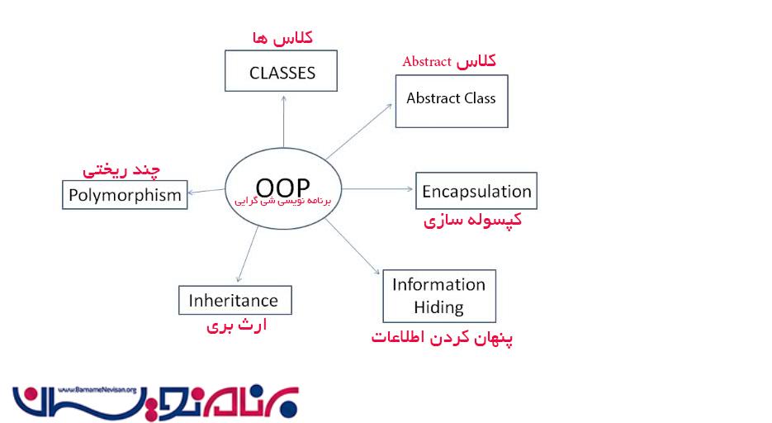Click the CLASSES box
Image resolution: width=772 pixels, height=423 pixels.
(282, 72)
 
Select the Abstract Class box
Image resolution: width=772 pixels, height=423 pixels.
(451, 100)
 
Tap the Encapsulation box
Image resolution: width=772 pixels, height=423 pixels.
(476, 191)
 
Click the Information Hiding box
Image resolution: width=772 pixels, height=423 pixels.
(439, 296)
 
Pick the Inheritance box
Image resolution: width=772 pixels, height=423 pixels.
(234, 299)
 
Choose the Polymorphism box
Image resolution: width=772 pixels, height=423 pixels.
(124, 195)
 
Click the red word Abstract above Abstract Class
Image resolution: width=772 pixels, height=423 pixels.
(427, 62)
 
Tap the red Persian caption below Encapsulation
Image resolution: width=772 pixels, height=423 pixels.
(472, 221)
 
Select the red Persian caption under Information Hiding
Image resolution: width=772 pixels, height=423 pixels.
(443, 338)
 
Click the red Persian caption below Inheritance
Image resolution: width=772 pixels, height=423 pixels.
(236, 326)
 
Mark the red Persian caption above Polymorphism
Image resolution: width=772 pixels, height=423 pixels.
(121, 170)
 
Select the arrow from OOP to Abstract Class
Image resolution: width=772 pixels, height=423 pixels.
(360, 130)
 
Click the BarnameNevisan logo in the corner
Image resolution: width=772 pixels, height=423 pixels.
(156, 402)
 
